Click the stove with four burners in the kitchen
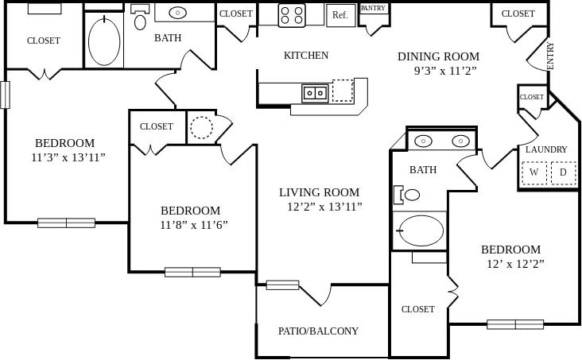point(291,15)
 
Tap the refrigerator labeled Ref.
point(340,15)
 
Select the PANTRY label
point(373,8)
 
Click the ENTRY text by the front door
point(551,56)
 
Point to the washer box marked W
point(533,172)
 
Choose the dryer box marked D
point(563,172)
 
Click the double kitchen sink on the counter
point(315,93)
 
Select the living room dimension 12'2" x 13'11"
point(324,207)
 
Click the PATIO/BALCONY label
point(318,331)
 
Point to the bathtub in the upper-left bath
point(104,41)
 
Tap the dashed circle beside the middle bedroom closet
point(202,127)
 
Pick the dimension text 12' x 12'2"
point(512,263)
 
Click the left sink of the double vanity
point(423,141)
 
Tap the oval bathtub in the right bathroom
point(421,230)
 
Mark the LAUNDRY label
point(546,149)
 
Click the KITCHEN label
point(306,56)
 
